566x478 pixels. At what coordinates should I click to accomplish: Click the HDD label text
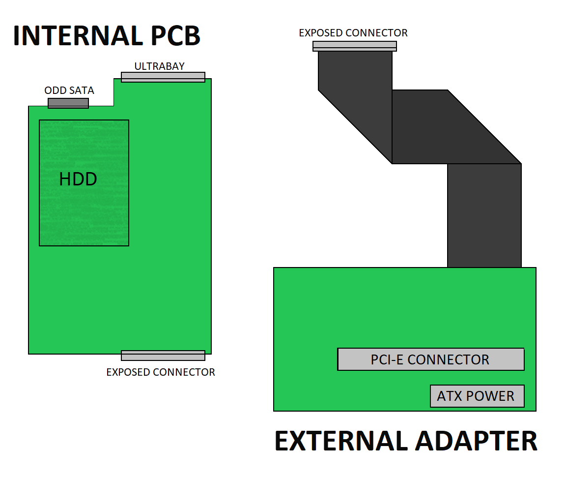click(78, 179)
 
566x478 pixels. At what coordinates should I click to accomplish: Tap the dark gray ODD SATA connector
click(68, 103)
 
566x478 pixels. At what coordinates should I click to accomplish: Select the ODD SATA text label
click(69, 90)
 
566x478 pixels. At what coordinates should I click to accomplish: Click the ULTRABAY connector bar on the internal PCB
click(163, 77)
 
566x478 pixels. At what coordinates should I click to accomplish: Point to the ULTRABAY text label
click(160, 66)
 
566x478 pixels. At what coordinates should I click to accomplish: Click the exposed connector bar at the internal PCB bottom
click(163, 356)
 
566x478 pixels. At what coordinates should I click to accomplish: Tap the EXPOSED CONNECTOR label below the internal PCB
click(161, 372)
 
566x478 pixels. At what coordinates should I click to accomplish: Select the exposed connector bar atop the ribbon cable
click(354, 46)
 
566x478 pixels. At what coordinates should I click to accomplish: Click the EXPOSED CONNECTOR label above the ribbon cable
click(353, 33)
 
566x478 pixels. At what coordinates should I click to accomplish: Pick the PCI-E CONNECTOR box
click(430, 359)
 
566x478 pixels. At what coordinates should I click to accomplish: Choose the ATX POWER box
click(477, 396)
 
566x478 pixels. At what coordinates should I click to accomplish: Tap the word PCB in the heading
click(175, 36)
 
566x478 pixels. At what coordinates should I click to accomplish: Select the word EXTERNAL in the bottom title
click(342, 441)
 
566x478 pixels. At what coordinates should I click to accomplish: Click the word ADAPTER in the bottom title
click(477, 441)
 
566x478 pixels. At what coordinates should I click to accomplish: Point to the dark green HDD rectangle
click(84, 183)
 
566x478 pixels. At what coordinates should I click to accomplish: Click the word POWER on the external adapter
click(490, 396)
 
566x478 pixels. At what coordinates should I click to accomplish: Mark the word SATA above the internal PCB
click(82, 90)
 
